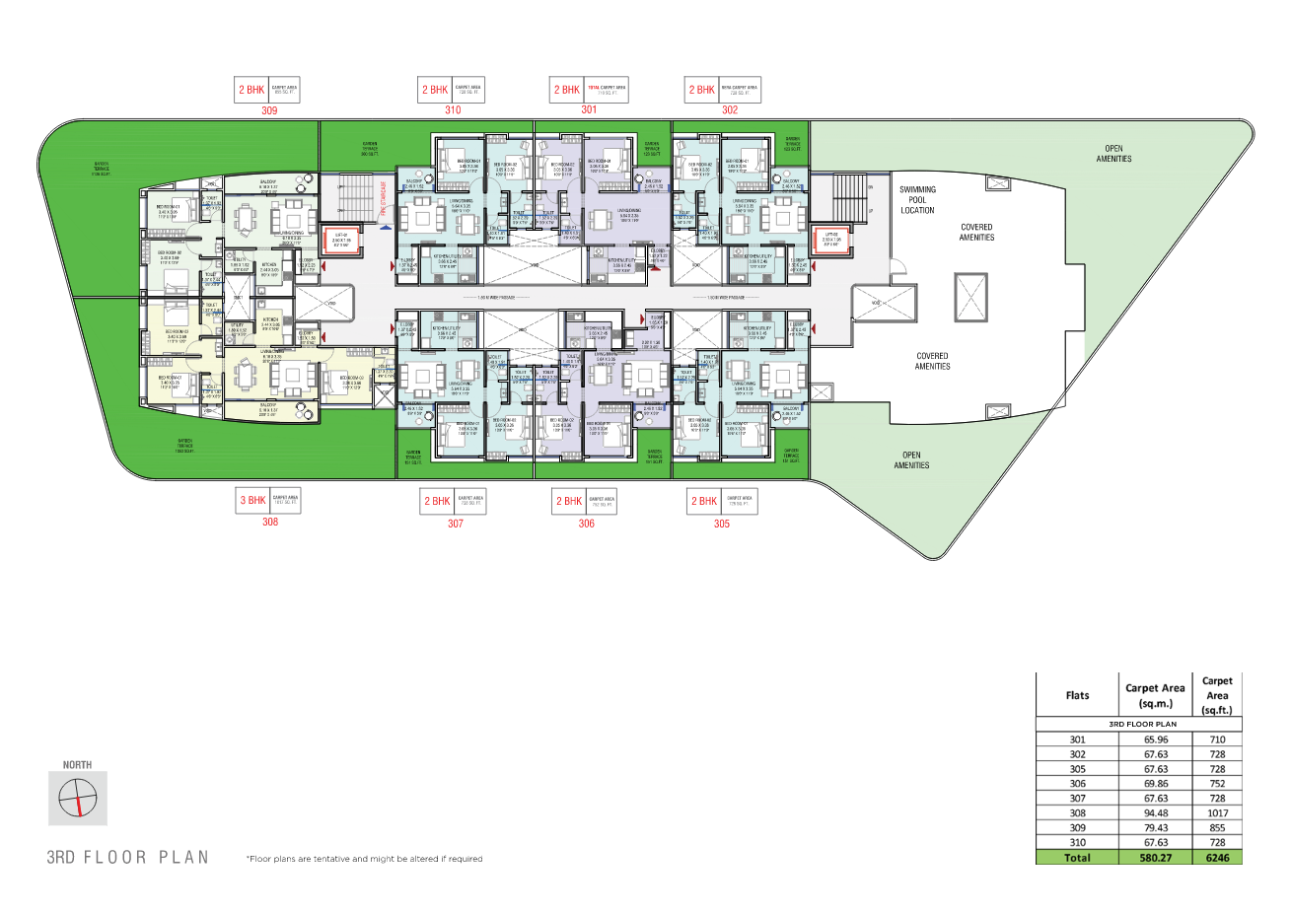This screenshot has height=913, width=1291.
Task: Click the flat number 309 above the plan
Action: [269, 110]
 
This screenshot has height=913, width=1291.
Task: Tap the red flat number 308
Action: [269, 522]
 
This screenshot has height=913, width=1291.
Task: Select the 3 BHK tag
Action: [252, 500]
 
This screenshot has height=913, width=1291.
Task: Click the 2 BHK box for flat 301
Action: [567, 90]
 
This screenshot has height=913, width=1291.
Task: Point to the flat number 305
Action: [722, 524]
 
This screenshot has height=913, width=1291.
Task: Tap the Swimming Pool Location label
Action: [917, 199]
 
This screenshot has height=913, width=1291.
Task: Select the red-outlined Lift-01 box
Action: [341, 241]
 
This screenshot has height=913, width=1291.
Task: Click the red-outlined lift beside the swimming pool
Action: [831, 240]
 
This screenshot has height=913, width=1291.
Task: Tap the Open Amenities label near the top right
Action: [1113, 154]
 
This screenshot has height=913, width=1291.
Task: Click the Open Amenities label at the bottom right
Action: [911, 460]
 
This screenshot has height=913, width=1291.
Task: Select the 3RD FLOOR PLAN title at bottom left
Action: [128, 857]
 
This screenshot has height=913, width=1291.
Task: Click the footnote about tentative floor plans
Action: [365, 859]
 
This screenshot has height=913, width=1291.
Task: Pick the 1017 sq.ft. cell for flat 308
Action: [1217, 813]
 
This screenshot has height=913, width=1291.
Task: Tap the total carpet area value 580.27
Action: [1156, 858]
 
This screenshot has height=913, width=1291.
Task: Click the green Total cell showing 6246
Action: [1217, 858]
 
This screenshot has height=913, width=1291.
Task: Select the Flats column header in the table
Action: [1077, 695]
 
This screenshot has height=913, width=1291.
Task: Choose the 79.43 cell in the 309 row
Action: [1156, 828]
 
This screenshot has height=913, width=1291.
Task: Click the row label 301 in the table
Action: [1077, 739]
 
